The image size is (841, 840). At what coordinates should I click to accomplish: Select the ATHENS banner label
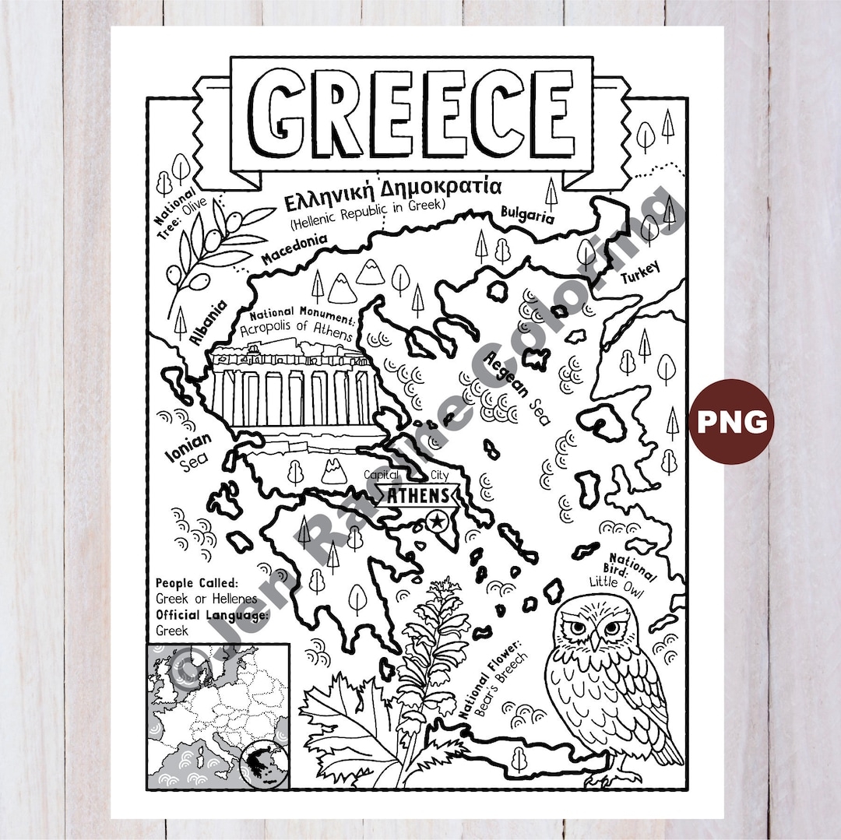coord(418,495)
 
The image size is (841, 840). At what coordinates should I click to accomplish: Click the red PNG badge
coord(731,421)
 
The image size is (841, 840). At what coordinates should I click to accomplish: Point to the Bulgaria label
coord(527,214)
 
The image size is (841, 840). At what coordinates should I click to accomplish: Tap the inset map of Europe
coord(218,716)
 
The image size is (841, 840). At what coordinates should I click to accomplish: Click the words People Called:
coord(196,583)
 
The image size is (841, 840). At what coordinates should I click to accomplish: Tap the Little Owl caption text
coord(617,582)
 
